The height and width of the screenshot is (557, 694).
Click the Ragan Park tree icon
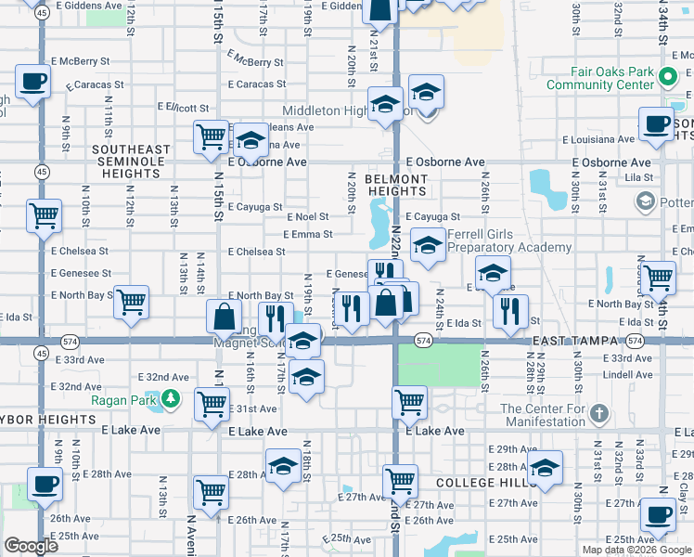pyautogui.click(x=171, y=400)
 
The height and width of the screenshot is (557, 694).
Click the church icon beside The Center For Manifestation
pyautogui.click(x=599, y=413)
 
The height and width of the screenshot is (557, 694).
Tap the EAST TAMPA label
pyautogui.click(x=570, y=342)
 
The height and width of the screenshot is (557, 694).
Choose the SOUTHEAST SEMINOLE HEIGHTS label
pyautogui.click(x=131, y=156)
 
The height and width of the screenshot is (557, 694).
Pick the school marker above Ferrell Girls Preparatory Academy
pyautogui.click(x=426, y=245)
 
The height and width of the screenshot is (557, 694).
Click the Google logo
pyautogui.click(x=32, y=546)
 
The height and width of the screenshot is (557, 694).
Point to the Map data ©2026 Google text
pyautogui.click(x=636, y=550)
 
